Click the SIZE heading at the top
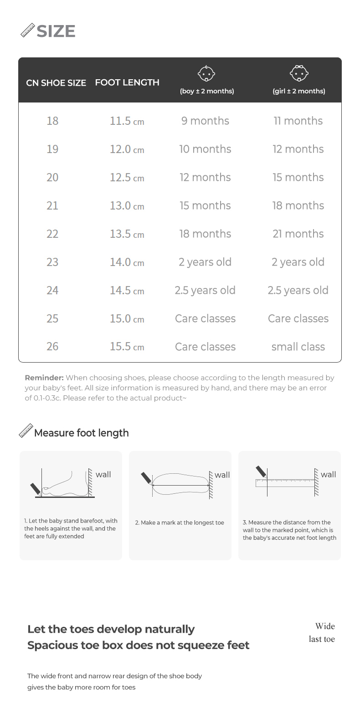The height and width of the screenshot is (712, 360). tap(56, 31)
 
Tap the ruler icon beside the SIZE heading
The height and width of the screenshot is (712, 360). tap(28, 31)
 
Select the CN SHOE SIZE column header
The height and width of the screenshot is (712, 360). tap(56, 83)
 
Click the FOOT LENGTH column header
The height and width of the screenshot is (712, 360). tap(127, 82)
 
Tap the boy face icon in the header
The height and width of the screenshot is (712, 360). tap(206, 73)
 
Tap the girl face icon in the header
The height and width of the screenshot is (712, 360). tap(299, 73)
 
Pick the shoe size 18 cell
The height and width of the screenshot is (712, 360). tap(52, 121)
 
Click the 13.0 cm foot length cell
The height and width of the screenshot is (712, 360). tap(127, 206)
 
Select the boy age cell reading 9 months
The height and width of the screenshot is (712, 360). tap(205, 121)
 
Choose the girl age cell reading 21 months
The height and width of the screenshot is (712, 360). tap(298, 234)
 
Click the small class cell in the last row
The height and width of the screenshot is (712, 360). tap(298, 347)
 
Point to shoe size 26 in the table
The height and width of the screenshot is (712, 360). tap(52, 347)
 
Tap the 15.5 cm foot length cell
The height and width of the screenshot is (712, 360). tap(127, 347)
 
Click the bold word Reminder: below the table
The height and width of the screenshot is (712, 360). tap(44, 378)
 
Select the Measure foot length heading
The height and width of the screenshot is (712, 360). tap(81, 433)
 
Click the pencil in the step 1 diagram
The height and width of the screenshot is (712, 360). tap(35, 489)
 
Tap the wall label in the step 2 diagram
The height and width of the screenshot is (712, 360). tap(222, 475)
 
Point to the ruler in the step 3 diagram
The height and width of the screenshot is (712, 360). tap(285, 483)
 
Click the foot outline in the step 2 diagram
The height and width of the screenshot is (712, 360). tap(180, 485)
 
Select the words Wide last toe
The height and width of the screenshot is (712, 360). tap(322, 632)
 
